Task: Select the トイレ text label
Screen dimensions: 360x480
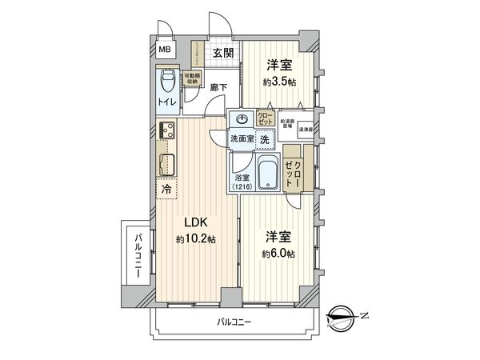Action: tap(166, 103)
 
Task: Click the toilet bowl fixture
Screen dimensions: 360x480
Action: tap(166, 82)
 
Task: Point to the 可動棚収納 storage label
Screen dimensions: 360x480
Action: tap(192, 78)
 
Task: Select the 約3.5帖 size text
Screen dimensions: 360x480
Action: tap(278, 80)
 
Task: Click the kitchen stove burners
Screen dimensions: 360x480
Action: tap(166, 130)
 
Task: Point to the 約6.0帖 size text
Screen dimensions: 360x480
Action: tap(278, 253)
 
